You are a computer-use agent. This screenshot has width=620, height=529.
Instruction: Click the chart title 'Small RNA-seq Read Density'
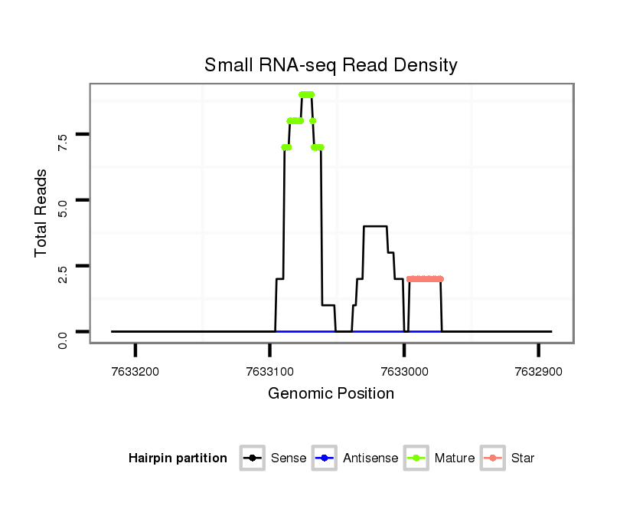point(331,65)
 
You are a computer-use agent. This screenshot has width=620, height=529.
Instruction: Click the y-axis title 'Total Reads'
point(41,212)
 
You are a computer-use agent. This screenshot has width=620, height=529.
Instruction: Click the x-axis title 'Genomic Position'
point(331,394)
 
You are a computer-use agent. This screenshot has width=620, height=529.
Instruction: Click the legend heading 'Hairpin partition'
point(178,458)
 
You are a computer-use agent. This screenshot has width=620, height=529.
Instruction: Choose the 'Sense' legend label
point(288,458)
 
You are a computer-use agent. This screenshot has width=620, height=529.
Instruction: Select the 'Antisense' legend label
point(370,458)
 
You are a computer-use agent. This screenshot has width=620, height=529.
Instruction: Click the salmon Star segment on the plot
point(425,279)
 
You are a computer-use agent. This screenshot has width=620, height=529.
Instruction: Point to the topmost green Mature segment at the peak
point(306,95)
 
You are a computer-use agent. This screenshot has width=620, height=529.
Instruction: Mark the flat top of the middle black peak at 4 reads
point(375,226)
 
